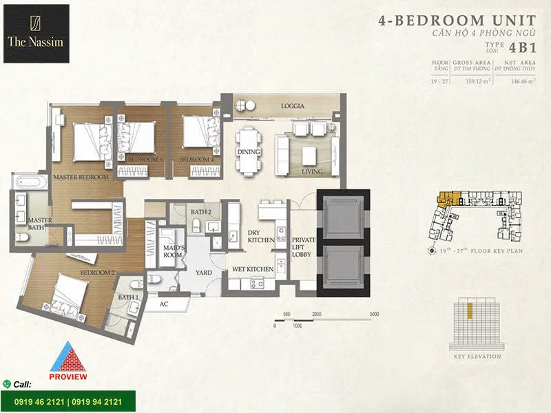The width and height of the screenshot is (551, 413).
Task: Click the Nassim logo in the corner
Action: pyautogui.click(x=36, y=33)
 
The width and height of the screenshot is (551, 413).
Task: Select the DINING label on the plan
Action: pyautogui.click(x=247, y=151)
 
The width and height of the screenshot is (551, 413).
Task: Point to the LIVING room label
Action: pyautogui.click(x=313, y=171)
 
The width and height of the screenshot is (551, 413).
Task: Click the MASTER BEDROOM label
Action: pyautogui.click(x=81, y=177)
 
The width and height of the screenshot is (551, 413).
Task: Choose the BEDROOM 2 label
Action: pyautogui.click(x=97, y=273)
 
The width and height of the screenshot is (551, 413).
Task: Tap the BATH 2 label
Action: pyautogui.click(x=201, y=212)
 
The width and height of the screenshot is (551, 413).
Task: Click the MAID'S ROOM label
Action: pyautogui.click(x=171, y=251)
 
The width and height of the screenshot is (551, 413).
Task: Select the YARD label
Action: pyautogui.click(x=205, y=273)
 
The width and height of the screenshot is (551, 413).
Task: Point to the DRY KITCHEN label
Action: pyautogui.click(x=261, y=236)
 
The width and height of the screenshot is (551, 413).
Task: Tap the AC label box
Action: pyautogui.click(x=163, y=302)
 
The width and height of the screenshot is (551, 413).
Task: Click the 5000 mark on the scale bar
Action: pyautogui.click(x=375, y=314)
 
